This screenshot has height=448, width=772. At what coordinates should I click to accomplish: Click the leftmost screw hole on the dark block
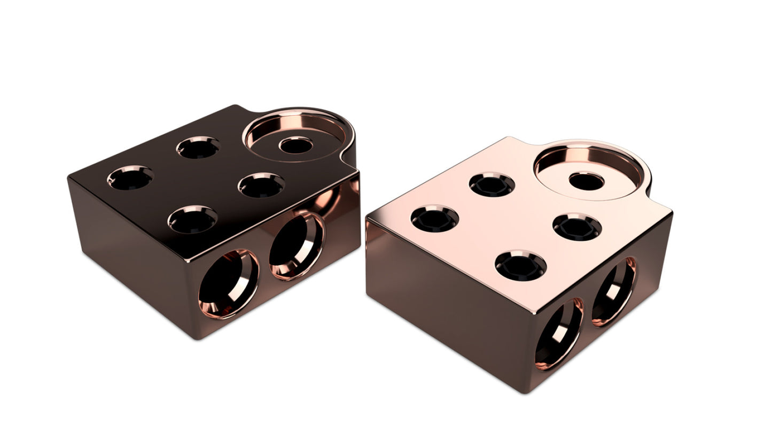[x=130, y=179]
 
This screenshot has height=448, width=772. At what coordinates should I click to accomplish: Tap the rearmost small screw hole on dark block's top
[x=198, y=148]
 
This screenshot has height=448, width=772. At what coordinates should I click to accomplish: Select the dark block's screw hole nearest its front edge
[x=192, y=220]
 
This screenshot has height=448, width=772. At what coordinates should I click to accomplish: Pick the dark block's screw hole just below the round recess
[x=261, y=186]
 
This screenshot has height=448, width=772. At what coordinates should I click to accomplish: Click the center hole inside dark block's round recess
[x=296, y=145]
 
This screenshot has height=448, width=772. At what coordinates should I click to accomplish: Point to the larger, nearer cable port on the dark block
[x=228, y=284]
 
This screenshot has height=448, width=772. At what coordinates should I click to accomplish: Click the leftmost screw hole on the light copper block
[x=434, y=220]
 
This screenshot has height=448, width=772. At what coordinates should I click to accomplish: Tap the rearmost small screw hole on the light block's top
[x=492, y=185]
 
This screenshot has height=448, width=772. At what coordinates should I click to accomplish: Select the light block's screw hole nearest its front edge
[x=520, y=266]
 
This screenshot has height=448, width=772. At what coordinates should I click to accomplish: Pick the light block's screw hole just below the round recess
[x=577, y=227]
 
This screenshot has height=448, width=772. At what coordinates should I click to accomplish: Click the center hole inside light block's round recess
[x=586, y=181]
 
